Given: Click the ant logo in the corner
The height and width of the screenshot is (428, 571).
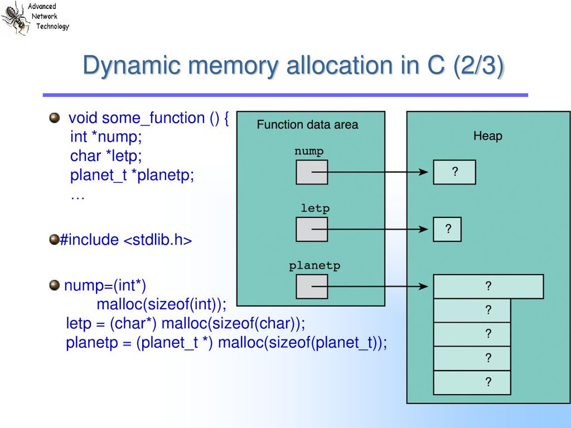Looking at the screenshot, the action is [x=14, y=18].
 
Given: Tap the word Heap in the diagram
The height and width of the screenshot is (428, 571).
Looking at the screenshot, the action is [x=487, y=136].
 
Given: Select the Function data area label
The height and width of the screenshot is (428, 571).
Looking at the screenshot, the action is [x=307, y=124].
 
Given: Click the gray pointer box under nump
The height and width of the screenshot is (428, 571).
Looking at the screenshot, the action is [x=312, y=172].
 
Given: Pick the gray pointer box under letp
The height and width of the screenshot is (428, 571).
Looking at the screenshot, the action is [x=312, y=229].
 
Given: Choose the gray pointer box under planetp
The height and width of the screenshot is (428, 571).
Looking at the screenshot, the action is [x=312, y=287].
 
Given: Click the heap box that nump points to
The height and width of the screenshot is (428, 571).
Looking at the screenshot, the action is [x=454, y=172].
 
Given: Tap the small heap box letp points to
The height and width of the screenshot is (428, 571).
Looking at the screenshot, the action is [x=447, y=229].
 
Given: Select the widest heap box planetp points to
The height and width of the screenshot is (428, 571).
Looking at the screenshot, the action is [x=488, y=286].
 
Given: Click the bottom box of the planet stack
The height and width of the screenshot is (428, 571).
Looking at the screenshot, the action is [x=472, y=382].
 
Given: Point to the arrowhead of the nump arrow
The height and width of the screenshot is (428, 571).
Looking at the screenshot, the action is [x=424, y=172].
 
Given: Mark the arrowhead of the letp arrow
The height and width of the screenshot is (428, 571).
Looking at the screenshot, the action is [x=424, y=229].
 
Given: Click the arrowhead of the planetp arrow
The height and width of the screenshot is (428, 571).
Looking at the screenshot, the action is [x=424, y=287].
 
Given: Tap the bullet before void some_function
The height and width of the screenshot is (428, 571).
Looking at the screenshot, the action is [x=54, y=118].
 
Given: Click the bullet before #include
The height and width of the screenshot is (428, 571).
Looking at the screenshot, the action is [x=54, y=240].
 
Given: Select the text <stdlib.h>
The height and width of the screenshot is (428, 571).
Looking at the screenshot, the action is [x=158, y=240].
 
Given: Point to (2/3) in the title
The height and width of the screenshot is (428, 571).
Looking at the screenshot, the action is [x=478, y=66].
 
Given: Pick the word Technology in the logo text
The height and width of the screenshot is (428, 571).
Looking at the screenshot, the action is [x=52, y=26].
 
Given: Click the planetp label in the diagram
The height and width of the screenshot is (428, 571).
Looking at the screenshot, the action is [x=314, y=266].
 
